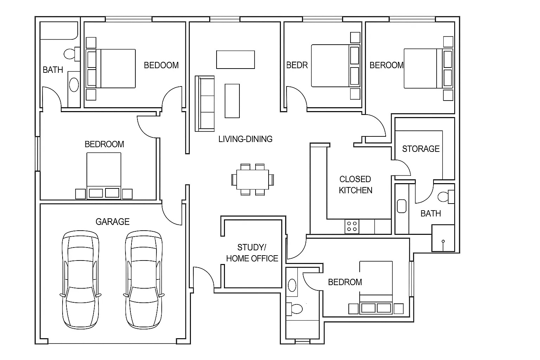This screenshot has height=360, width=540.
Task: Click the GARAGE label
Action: (x=112, y=221)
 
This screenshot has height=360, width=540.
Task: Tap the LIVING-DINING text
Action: (x=245, y=139)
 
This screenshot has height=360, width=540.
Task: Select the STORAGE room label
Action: (x=421, y=149)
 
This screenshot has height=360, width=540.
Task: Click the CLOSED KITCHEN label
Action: (x=355, y=185)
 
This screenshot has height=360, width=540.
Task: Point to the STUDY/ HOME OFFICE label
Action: (x=252, y=253)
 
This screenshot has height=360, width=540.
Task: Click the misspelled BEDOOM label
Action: (x=161, y=65)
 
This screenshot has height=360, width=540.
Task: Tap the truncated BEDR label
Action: (x=297, y=65)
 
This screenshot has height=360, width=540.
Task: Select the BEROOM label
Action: (x=386, y=65)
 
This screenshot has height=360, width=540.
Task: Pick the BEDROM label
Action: (x=345, y=282)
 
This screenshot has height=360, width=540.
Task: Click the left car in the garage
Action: (x=81, y=280)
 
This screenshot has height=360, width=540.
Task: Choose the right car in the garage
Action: (x=144, y=280)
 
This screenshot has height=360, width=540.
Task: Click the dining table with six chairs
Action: (x=252, y=180)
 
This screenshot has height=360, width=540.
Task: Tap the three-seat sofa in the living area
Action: (x=205, y=104)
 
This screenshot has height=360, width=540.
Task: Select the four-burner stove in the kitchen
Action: (x=352, y=226)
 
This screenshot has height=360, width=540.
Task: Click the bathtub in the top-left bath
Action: (x=59, y=31)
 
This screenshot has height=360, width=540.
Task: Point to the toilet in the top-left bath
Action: (x=72, y=54)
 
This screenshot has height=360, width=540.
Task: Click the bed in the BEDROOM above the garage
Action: (x=104, y=176)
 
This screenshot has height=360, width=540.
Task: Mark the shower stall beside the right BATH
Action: (x=443, y=238)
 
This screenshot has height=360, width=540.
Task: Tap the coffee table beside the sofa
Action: (x=232, y=101)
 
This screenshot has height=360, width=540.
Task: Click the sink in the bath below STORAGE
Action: (x=401, y=206)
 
